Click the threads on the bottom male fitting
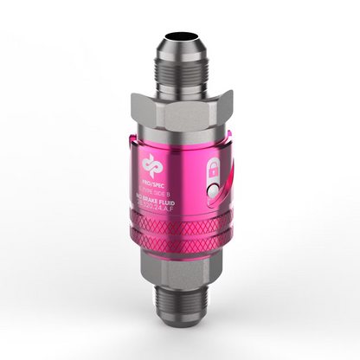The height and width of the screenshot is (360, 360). (x=180, y=303)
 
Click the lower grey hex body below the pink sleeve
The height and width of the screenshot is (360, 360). (x=180, y=264)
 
